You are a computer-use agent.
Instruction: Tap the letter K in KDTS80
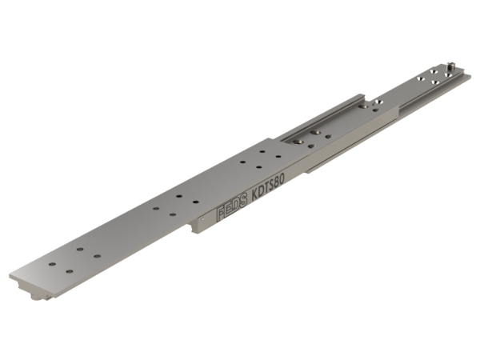[x=255, y=195]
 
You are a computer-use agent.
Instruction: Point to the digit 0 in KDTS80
[x=282, y=178]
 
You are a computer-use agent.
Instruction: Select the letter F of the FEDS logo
[x=220, y=214]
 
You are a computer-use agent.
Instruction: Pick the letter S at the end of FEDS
[x=242, y=200]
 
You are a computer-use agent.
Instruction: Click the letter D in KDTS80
[x=262, y=191]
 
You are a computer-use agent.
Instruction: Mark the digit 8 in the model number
[x=276, y=182]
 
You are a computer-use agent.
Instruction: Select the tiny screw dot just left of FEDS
[x=202, y=218]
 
